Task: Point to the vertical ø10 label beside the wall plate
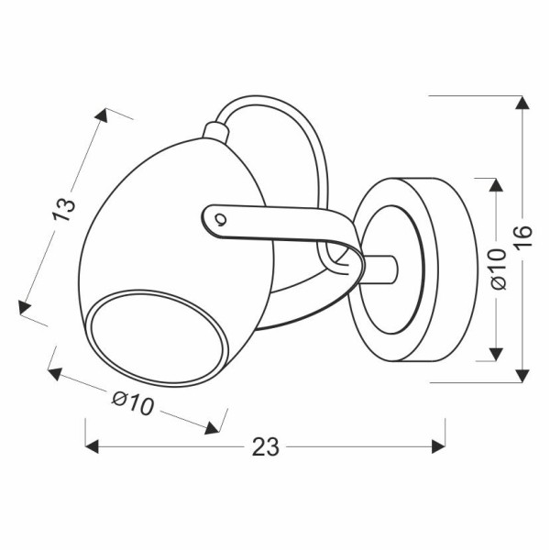497,269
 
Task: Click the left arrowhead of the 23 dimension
92,446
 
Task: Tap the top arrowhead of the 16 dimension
522,103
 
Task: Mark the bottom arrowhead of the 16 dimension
522,375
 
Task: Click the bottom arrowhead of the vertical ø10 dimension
495,354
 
